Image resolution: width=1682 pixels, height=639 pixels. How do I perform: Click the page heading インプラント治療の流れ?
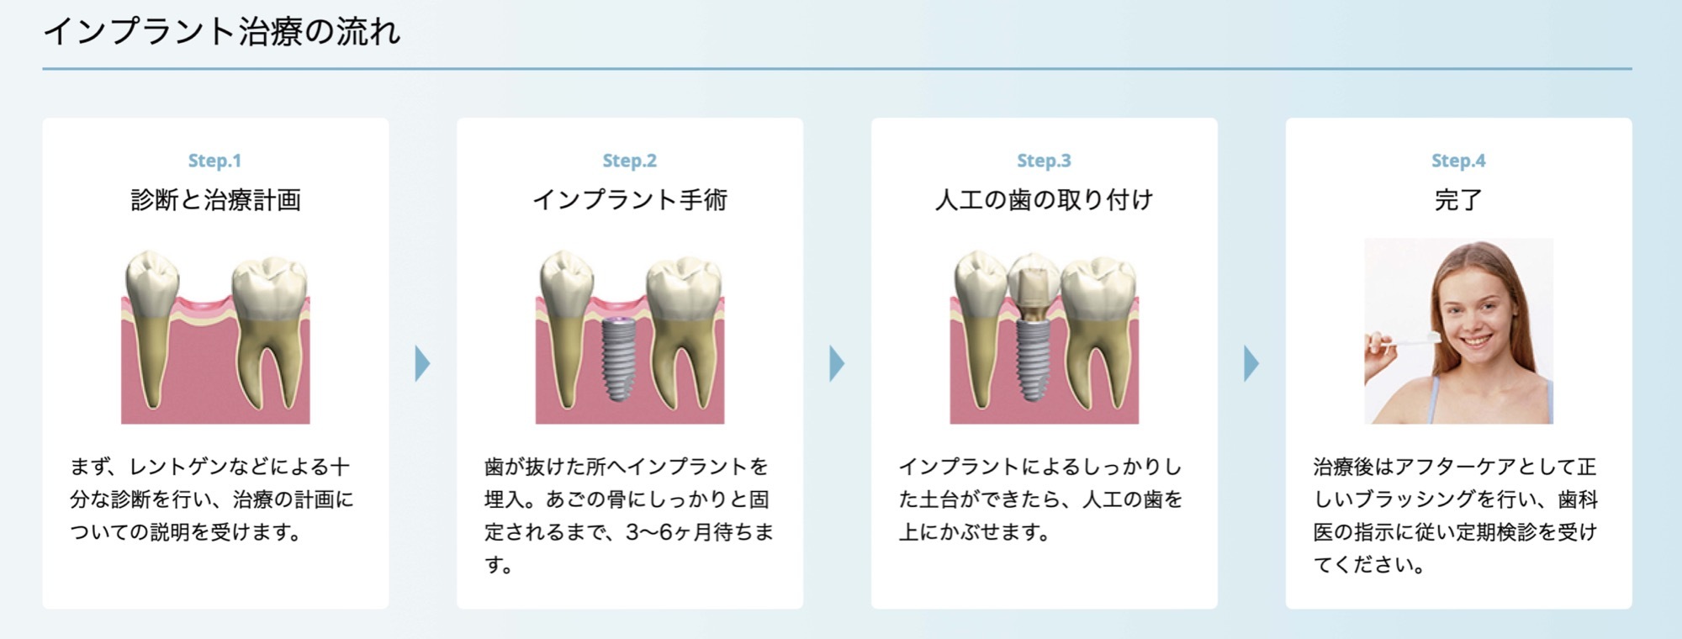point(222,32)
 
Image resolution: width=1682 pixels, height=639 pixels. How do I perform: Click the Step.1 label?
point(214,161)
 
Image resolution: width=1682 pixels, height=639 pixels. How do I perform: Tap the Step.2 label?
point(629,161)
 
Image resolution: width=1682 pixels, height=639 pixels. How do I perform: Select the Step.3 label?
point(1044,161)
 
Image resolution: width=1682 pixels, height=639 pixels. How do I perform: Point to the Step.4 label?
point(1458,161)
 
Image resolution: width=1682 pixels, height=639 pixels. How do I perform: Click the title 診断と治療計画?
point(215,200)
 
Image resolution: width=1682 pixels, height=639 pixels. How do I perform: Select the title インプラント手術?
point(630,200)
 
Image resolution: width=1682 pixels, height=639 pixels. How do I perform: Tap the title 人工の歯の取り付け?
point(1044,200)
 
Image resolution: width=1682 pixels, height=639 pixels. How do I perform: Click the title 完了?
point(1458,200)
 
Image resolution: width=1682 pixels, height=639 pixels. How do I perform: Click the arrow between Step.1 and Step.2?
point(422,363)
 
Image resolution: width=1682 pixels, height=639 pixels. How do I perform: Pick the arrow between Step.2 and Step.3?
point(837,363)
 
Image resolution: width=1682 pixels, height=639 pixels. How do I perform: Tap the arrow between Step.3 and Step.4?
point(1251,363)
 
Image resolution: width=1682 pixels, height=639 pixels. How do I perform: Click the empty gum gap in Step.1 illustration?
point(204,309)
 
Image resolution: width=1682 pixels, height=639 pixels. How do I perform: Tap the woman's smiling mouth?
point(1480,342)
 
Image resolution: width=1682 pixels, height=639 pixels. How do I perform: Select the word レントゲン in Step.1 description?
point(170,467)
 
